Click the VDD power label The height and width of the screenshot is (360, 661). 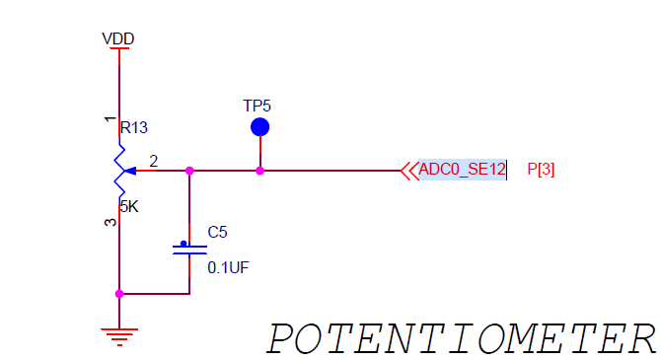coord(118,38)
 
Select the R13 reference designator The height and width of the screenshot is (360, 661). coord(133,128)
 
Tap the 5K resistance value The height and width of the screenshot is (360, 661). coord(128,207)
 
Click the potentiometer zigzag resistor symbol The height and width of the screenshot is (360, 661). coord(118,170)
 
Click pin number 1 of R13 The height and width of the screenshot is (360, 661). coord(109,119)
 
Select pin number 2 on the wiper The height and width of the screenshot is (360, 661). coord(153,160)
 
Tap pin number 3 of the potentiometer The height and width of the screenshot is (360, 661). coord(109,222)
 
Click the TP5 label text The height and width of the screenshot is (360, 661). coord(257,105)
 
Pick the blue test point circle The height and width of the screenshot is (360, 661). coord(259,126)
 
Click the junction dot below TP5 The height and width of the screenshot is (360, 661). coord(259,171)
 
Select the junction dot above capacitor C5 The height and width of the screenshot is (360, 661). coord(189,171)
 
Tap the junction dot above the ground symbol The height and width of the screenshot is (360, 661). coord(119,293)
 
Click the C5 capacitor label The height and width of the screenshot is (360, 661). coord(217,233)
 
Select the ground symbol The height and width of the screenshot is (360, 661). coord(119,334)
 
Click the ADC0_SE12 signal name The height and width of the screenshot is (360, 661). coord(462,170)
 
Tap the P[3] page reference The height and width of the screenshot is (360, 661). coord(541,170)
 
